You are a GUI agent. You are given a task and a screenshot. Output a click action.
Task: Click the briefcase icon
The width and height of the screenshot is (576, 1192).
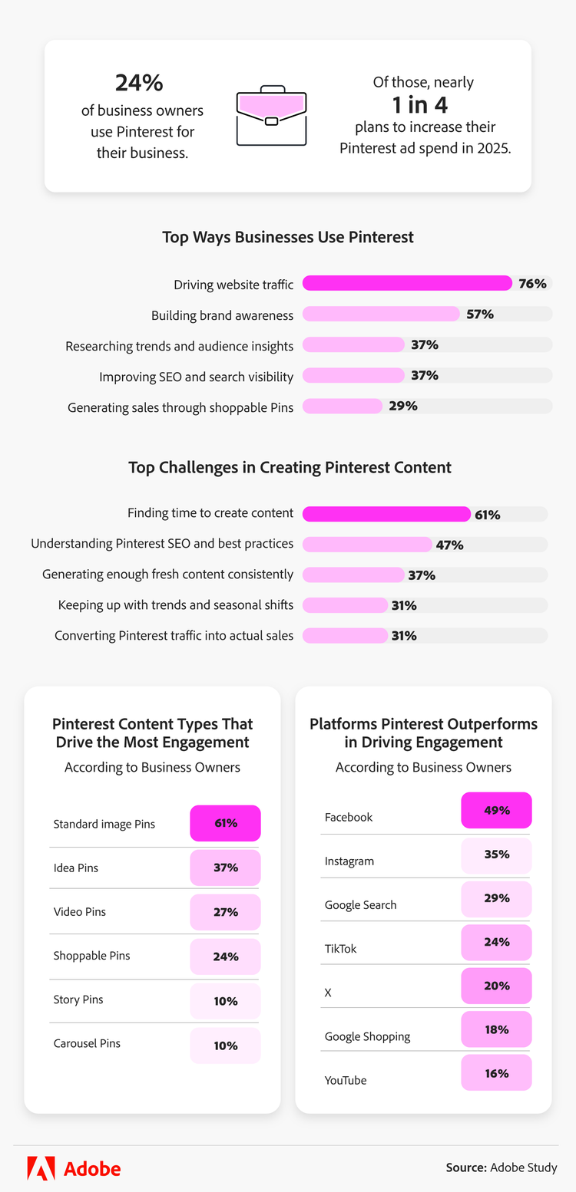271,116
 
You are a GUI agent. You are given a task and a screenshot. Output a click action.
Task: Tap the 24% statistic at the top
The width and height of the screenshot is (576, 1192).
139,83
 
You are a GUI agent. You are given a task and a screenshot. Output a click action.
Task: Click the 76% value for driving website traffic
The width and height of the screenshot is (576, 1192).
532,284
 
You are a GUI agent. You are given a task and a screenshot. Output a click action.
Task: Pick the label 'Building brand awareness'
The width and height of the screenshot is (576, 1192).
222,315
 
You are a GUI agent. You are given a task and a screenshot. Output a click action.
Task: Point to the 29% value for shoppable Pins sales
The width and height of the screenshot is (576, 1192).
403,407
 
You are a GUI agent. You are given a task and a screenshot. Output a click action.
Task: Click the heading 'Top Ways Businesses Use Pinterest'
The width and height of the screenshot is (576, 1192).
288,237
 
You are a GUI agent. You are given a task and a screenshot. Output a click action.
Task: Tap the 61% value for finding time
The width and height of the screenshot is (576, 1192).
488,515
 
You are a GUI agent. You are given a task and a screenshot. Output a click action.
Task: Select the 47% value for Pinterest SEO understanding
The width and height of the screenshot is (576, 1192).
449,545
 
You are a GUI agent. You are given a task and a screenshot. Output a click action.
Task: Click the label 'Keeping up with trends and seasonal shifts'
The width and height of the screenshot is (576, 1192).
176,605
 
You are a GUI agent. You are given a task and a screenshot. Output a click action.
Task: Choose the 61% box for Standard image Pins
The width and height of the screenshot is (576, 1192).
225,823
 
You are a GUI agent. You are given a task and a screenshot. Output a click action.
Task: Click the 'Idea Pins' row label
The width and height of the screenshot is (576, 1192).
76,868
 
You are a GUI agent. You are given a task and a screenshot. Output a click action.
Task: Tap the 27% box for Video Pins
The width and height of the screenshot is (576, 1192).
225,912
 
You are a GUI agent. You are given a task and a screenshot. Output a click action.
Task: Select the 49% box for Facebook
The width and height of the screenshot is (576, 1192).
496,810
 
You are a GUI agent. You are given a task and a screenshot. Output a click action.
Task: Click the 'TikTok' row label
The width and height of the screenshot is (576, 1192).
341,949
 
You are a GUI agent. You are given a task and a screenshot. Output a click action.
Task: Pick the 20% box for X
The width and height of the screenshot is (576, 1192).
496,986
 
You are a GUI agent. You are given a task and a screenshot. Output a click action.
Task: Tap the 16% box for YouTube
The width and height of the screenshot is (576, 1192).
496,1073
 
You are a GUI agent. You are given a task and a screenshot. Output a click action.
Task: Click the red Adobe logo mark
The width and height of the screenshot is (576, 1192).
41,1168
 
